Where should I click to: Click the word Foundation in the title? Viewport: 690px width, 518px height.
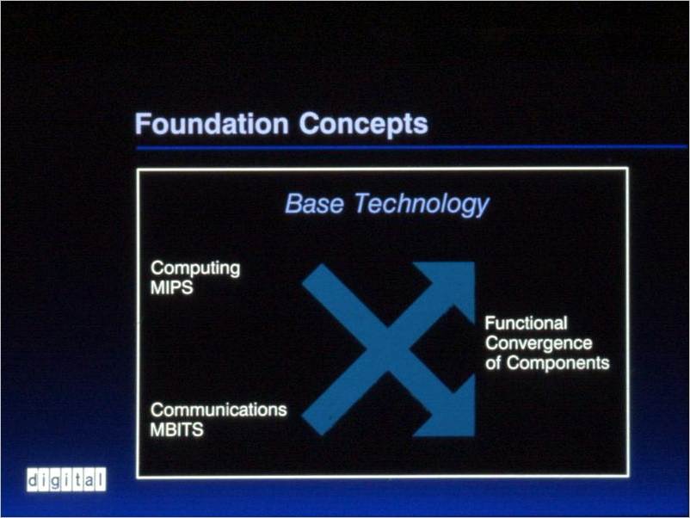point(212,124)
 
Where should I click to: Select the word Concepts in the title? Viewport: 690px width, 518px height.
point(363,125)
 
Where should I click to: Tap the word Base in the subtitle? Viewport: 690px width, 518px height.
point(314,204)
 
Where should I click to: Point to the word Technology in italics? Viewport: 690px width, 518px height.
point(422,205)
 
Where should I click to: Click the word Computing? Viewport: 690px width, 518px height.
point(195,268)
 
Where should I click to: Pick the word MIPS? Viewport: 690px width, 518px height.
point(171,288)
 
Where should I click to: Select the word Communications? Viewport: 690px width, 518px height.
point(219,410)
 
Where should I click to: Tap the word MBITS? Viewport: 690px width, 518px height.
point(177,429)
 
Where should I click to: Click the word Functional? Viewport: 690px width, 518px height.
point(527,324)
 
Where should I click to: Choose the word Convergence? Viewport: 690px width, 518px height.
point(539,343)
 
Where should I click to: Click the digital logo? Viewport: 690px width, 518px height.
point(66,480)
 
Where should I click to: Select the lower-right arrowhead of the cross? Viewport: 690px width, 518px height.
point(453,414)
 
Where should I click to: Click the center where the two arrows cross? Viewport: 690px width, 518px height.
point(388,349)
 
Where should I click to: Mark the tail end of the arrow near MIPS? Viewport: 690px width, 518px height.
point(312,274)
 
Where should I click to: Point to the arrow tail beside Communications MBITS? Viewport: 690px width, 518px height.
point(312,424)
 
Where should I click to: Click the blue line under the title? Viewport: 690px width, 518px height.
point(412,147)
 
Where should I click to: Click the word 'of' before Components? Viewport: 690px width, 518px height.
point(493,363)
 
